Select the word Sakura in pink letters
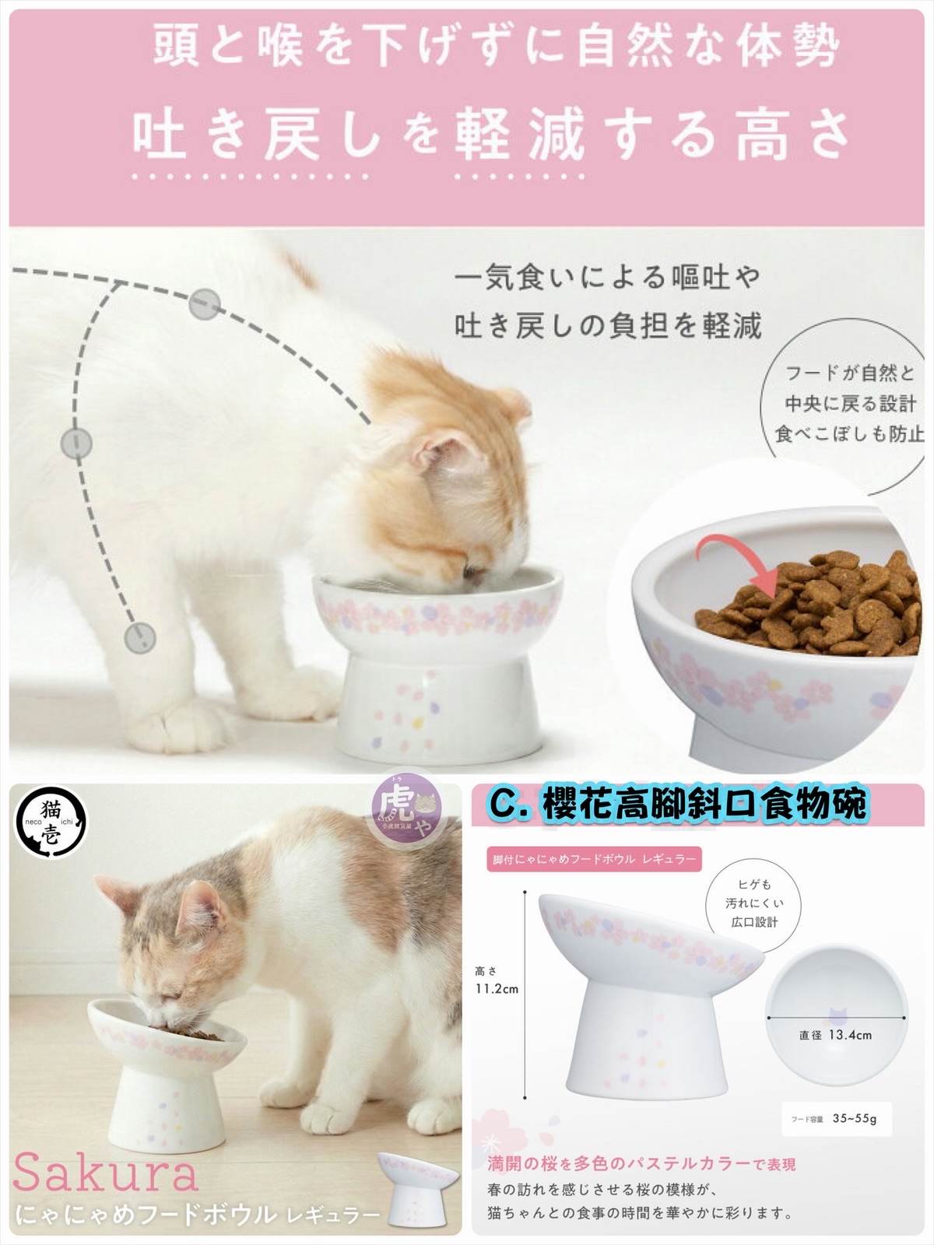click(105, 1173)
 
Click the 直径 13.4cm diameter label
click(835, 1035)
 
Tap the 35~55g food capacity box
click(834, 1119)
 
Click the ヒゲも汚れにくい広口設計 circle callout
click(754, 903)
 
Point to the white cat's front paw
click(193, 720)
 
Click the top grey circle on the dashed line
click(205, 301)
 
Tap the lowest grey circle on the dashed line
click(140, 637)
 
